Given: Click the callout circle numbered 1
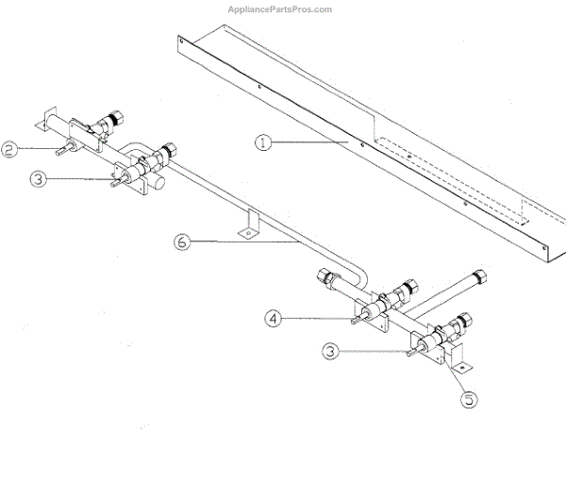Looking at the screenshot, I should [263, 142].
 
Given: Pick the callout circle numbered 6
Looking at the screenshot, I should [181, 242].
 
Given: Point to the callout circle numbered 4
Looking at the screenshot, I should [273, 319].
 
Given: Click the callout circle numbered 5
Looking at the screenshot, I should [469, 398].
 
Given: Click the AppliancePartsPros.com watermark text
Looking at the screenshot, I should [280, 9].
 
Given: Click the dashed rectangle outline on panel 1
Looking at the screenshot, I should [453, 189].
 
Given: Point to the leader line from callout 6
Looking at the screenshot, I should [245, 242].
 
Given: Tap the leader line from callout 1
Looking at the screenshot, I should [311, 142].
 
